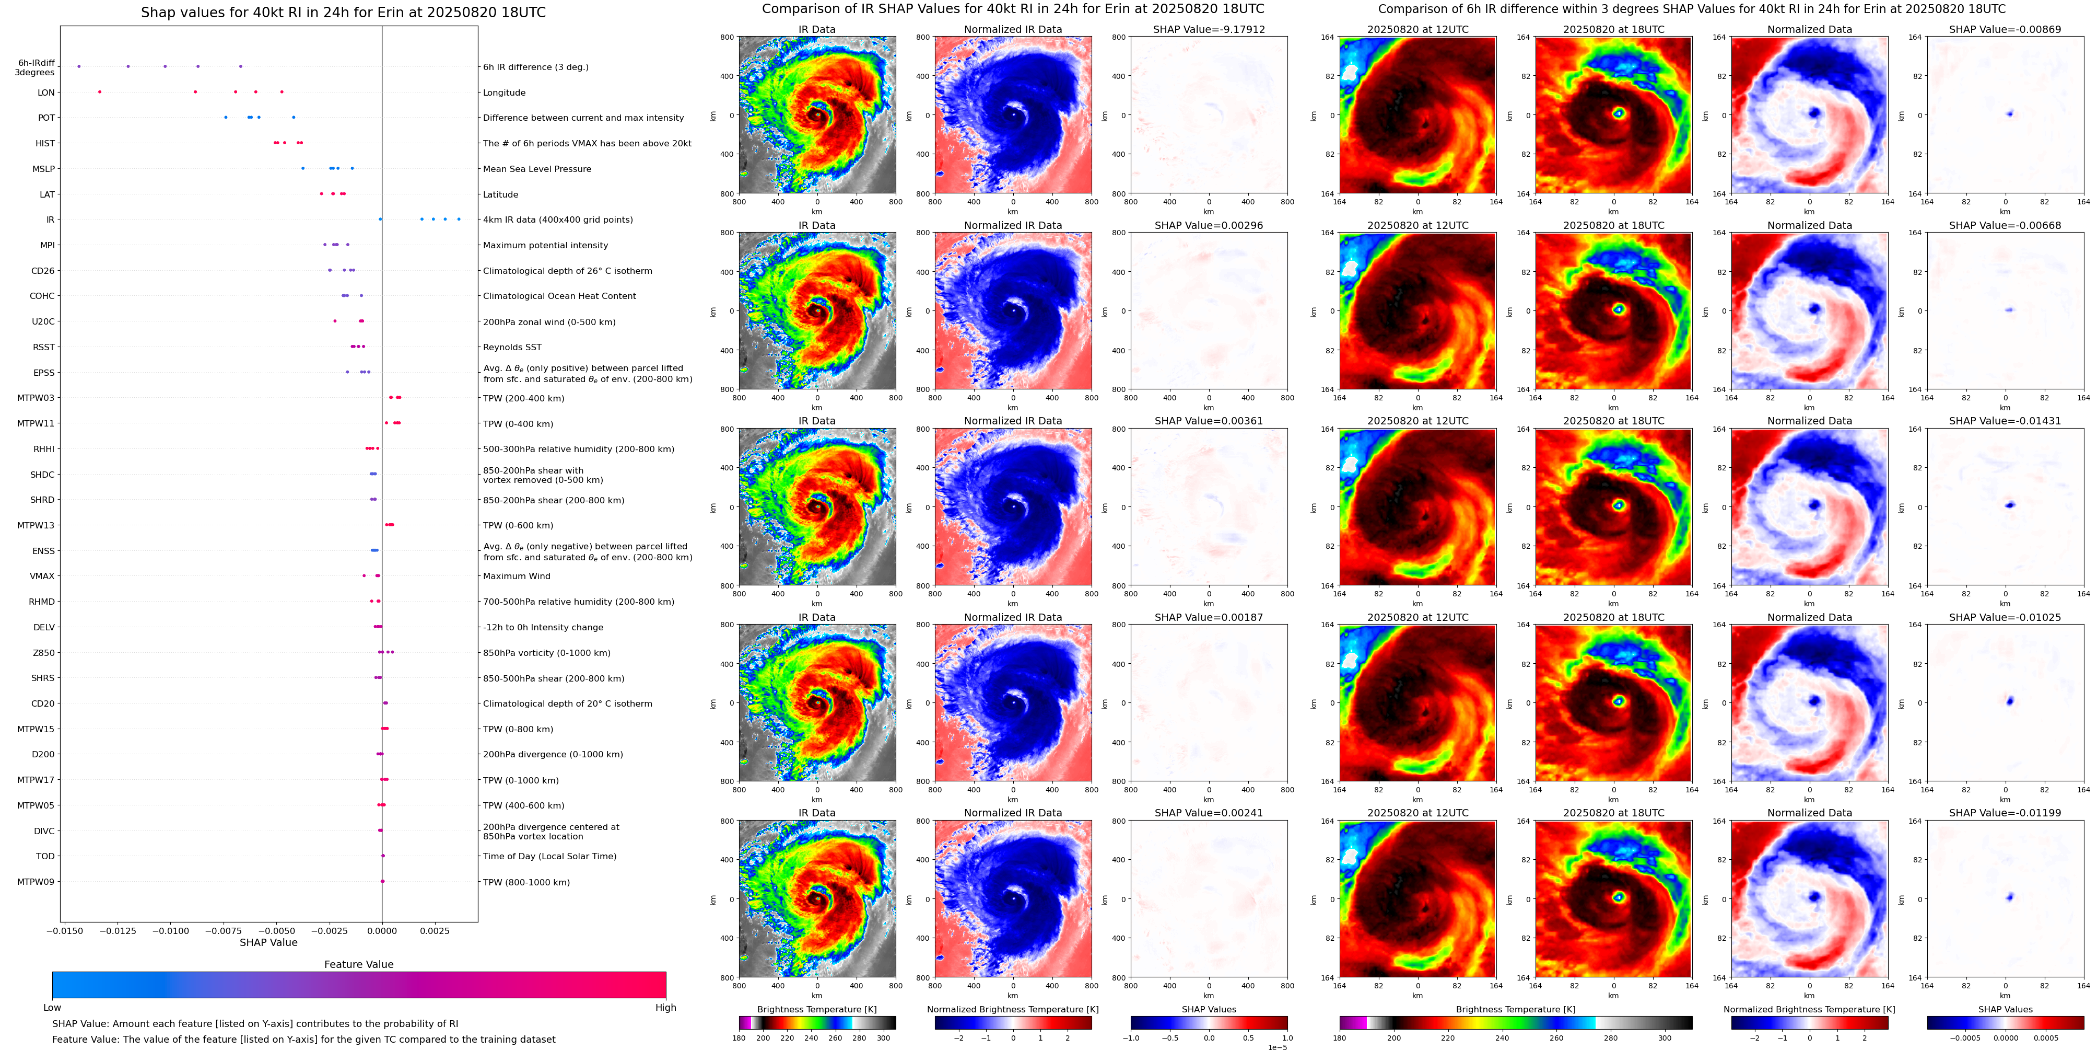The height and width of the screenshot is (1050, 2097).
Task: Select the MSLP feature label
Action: click(43, 169)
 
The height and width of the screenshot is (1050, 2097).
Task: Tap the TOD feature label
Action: click(45, 856)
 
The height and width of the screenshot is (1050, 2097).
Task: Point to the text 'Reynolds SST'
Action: click(512, 347)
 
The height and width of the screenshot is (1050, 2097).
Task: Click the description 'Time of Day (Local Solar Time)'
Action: click(549, 856)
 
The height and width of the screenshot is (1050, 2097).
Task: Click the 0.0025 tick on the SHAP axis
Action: click(434, 930)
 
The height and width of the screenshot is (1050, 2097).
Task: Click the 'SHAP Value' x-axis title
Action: click(268, 942)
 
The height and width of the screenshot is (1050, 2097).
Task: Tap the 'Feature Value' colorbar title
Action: click(358, 964)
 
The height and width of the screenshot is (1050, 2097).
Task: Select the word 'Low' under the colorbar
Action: click(52, 1008)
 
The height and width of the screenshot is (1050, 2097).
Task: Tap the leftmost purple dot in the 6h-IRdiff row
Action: click(78, 66)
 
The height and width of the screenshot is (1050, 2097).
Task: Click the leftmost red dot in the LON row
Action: click(99, 91)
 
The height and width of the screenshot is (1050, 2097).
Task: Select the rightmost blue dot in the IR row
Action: click(459, 219)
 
